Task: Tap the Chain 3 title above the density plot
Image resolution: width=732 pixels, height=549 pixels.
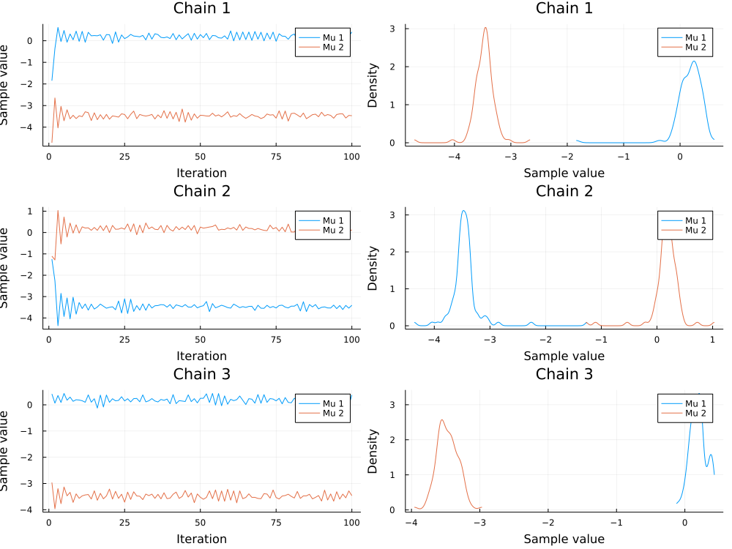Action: click(x=564, y=374)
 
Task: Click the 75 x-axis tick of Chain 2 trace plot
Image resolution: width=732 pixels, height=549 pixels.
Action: click(x=276, y=340)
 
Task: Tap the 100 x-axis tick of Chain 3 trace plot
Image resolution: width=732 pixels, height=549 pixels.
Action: click(x=351, y=523)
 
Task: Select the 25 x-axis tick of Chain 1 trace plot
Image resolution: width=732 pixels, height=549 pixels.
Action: click(x=124, y=157)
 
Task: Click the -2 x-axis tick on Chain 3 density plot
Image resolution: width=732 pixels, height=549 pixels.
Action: click(x=548, y=523)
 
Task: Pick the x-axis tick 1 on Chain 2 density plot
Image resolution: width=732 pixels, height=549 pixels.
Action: click(x=713, y=340)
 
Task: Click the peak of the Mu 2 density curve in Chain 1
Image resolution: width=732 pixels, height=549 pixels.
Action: click(x=485, y=28)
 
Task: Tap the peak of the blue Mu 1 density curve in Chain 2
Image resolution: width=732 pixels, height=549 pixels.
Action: click(x=463, y=211)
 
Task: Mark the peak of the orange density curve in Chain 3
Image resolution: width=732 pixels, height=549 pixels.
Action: click(x=442, y=420)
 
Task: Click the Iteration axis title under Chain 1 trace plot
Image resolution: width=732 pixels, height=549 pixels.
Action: click(x=201, y=173)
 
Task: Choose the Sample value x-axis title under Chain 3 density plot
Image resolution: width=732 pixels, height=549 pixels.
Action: click(x=564, y=539)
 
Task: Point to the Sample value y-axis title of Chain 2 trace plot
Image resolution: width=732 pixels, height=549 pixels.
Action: click(x=7, y=268)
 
